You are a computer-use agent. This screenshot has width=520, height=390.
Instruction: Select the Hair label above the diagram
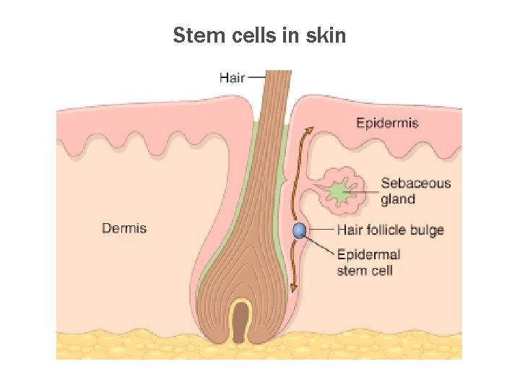tap(233, 77)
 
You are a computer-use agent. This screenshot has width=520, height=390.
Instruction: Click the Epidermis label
tap(387, 123)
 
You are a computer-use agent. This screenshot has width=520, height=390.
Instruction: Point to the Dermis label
tap(124, 228)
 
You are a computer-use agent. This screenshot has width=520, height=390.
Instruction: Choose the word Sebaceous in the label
tap(415, 183)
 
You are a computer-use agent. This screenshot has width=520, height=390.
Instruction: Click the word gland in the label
tap(398, 199)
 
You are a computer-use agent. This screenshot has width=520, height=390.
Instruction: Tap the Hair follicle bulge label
tap(390, 230)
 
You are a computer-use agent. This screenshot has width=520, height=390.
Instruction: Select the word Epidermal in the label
tap(368, 254)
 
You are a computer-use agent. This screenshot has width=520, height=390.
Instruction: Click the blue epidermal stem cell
tap(299, 231)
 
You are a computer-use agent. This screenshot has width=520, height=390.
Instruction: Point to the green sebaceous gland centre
tap(337, 191)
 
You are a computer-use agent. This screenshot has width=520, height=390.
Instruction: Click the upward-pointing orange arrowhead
tap(309, 131)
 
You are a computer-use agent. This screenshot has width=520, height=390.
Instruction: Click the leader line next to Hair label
tap(256, 76)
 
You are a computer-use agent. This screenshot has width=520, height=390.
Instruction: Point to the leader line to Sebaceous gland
tap(361, 191)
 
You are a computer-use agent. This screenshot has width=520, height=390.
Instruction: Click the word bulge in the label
tap(426, 230)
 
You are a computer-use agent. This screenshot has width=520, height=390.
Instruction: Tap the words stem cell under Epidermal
tap(365, 271)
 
